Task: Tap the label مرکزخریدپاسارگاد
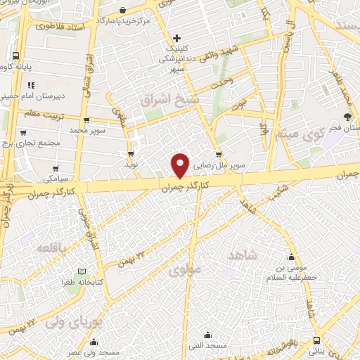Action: (124, 22)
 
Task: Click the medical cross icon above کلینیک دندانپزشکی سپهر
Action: (176, 37)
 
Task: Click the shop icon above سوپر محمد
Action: (85, 120)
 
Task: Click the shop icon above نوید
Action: (131, 153)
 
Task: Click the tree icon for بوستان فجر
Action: (347, 117)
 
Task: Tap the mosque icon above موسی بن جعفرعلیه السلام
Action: (292, 257)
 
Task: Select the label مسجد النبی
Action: (208, 345)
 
